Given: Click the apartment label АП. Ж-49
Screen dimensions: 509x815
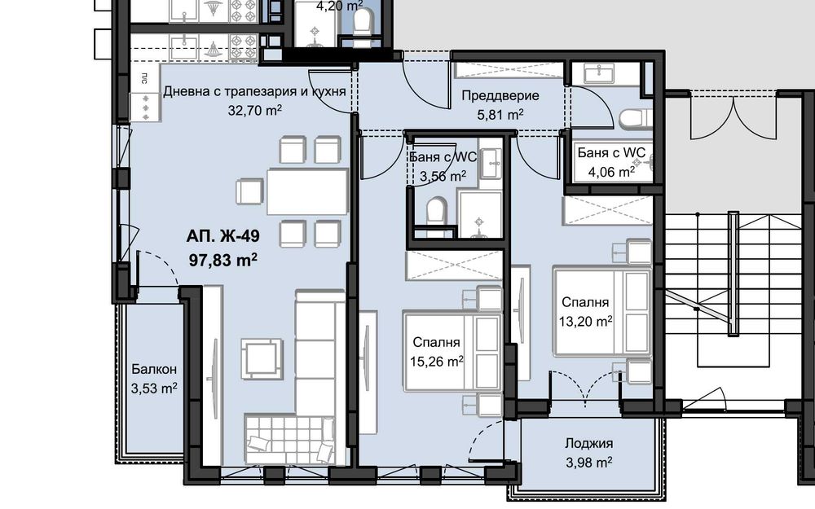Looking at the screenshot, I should (222, 239).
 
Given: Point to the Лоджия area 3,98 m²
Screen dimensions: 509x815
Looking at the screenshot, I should (588, 463).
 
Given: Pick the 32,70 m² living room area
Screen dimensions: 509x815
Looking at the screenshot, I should (255, 109).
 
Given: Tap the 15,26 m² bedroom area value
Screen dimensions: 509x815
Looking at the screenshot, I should (438, 360).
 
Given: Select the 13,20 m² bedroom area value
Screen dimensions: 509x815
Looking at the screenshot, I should (586, 321).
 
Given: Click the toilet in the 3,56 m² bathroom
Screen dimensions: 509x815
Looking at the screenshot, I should (436, 211).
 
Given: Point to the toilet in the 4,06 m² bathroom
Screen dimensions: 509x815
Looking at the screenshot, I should (633, 119).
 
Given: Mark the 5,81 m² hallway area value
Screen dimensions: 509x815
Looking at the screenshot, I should (499, 115).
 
